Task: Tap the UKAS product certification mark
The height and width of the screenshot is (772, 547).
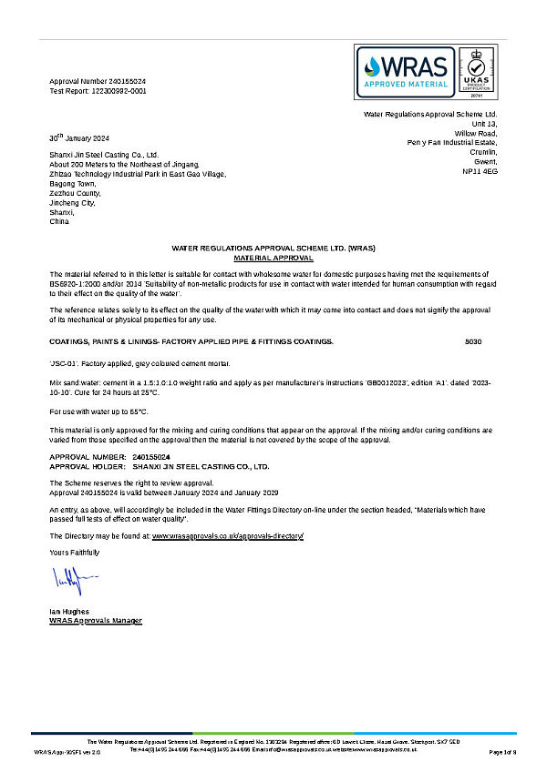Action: coord(478,70)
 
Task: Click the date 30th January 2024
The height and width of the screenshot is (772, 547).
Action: coord(79,137)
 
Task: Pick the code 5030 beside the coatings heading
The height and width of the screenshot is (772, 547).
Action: coord(472,341)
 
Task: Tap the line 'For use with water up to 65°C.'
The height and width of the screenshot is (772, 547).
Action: coord(98,411)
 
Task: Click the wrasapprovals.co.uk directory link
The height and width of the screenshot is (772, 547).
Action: coord(227,537)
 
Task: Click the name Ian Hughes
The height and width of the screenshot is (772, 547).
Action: coord(69,611)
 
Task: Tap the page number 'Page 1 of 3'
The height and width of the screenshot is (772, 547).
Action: coord(502,752)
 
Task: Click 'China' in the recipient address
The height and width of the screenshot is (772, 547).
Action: coord(58,221)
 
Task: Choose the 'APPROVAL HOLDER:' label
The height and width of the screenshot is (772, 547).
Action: coord(81,465)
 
